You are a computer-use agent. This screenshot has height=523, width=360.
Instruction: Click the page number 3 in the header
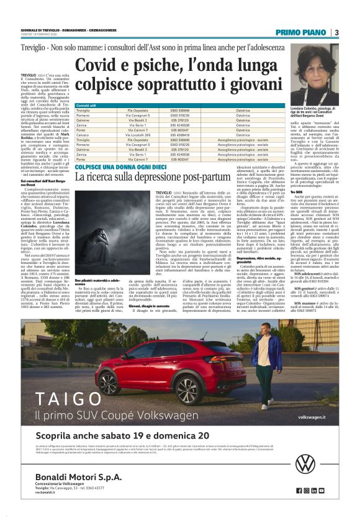(x=335, y=32)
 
